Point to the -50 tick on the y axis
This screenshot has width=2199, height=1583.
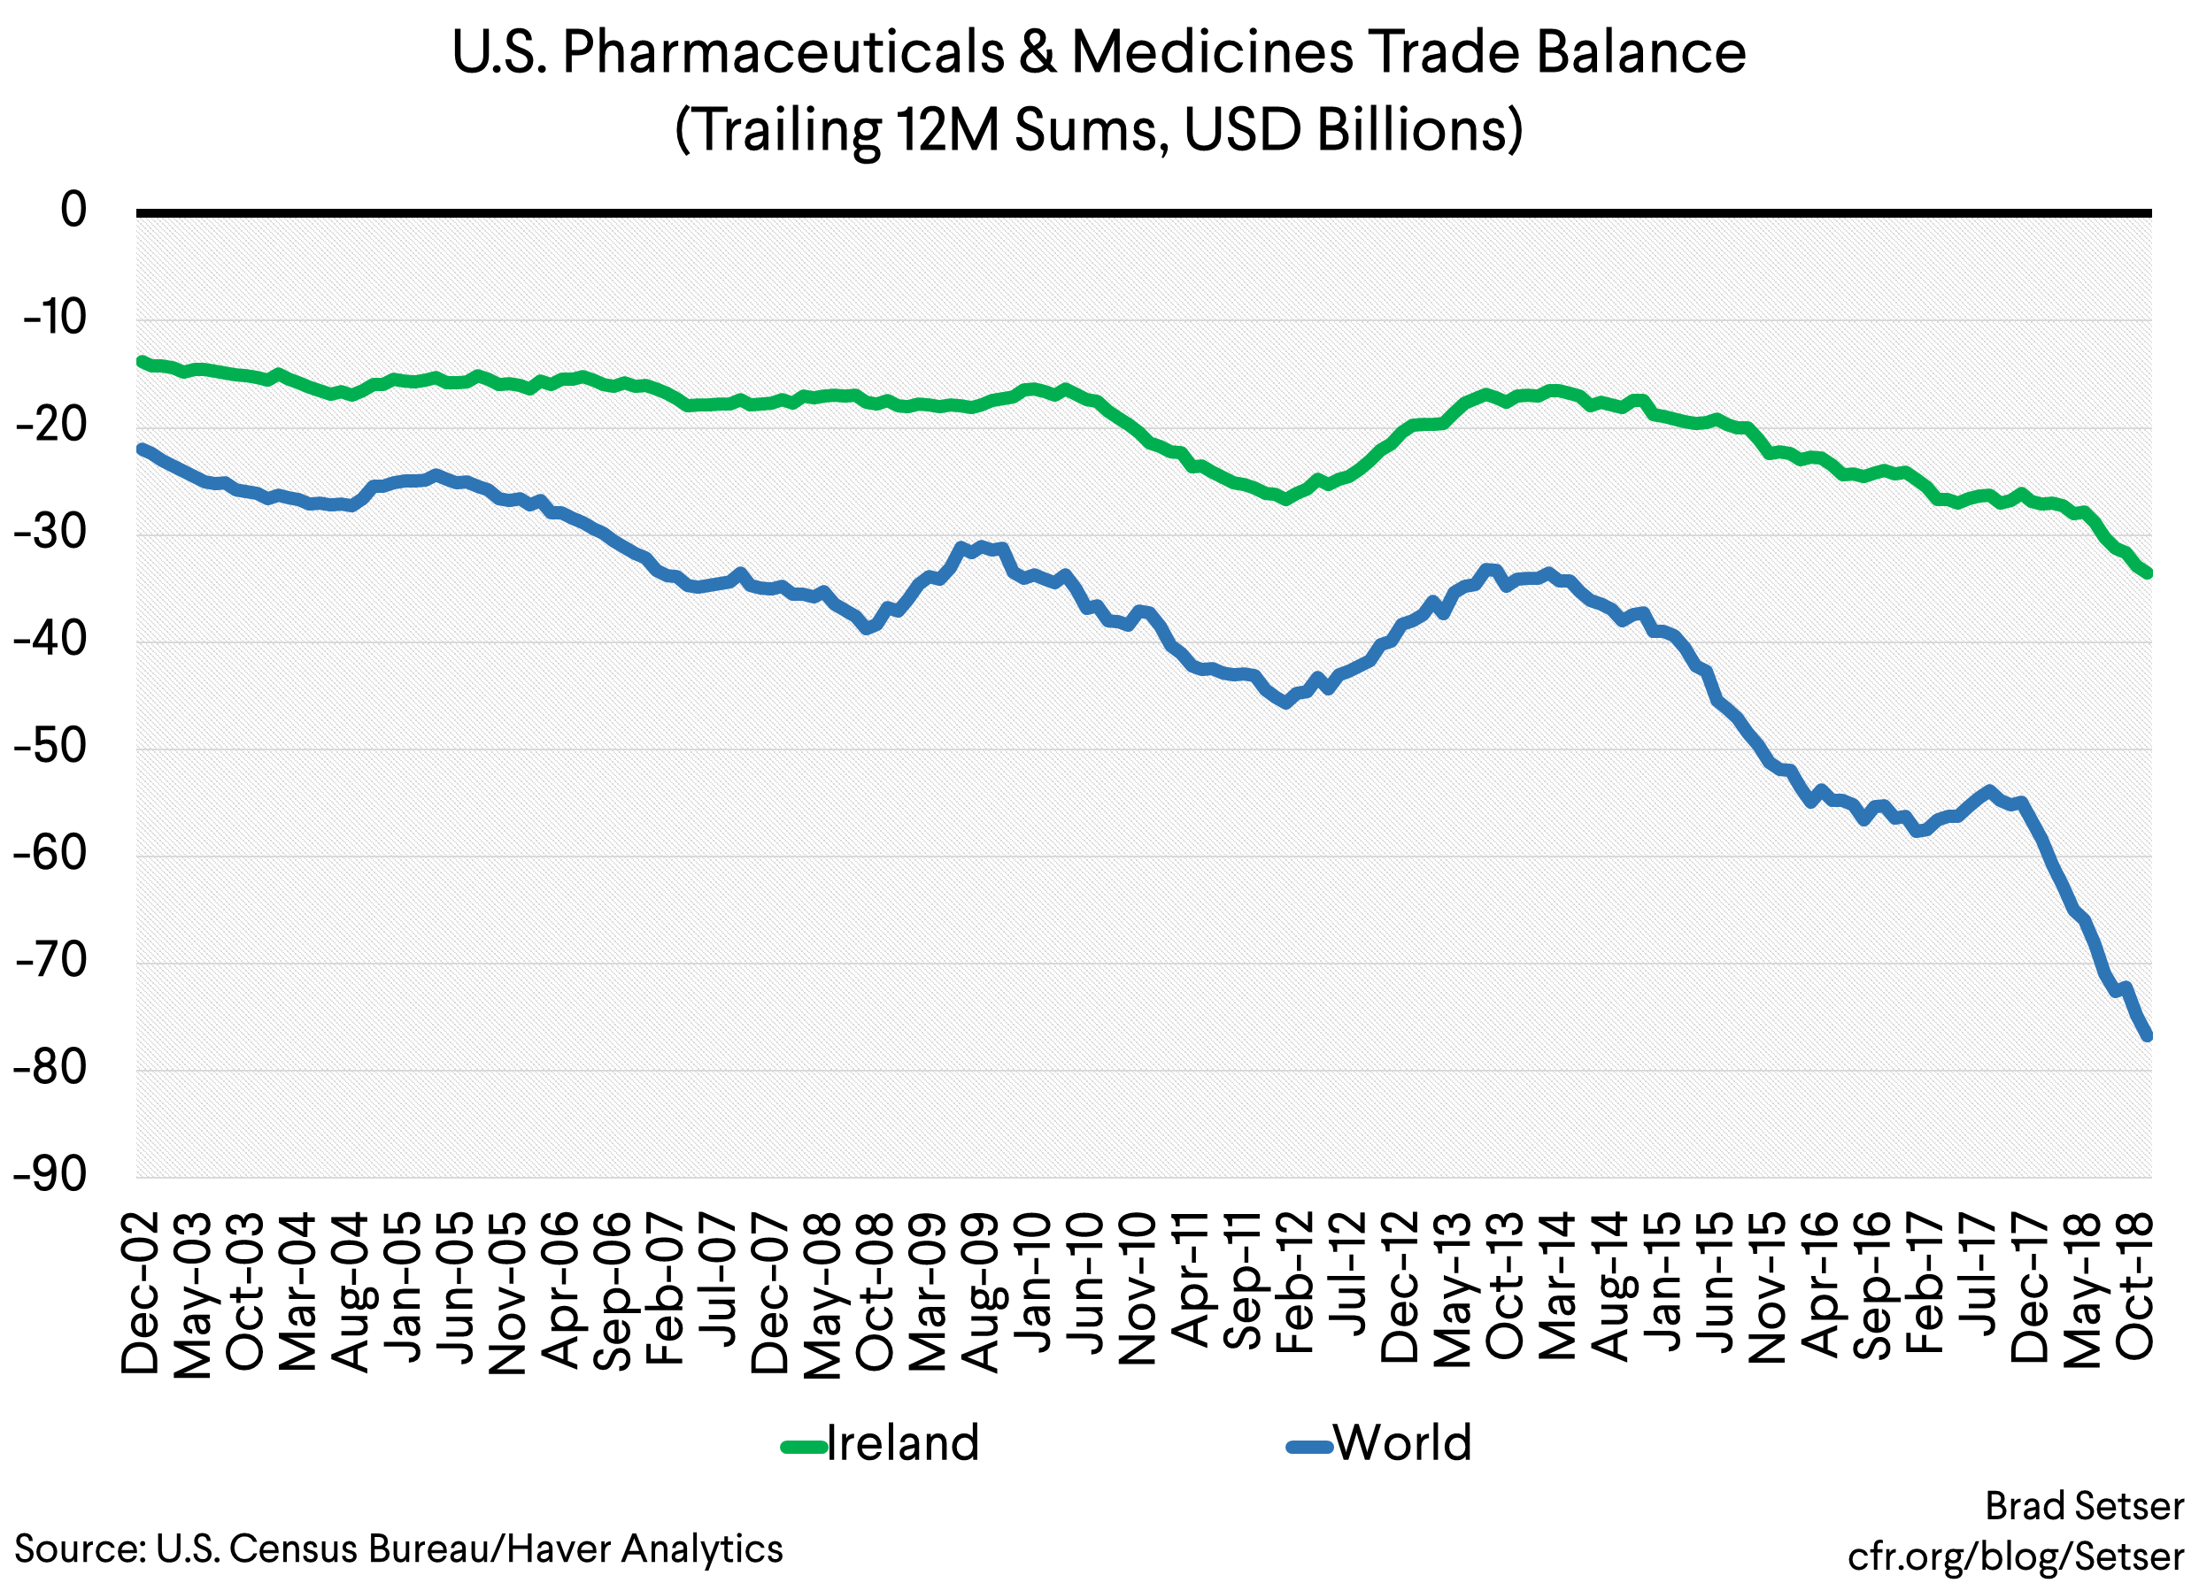coord(50,747)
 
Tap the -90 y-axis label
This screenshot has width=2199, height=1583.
coord(50,1175)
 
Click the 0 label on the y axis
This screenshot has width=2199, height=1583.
coord(73,211)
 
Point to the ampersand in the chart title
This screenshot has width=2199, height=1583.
coord(1037,52)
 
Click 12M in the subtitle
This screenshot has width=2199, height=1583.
coord(946,131)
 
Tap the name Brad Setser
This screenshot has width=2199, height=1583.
coord(2085,1506)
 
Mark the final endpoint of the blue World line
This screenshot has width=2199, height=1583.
coord(2148,1036)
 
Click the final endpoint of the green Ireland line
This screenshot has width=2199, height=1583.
coord(2148,572)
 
